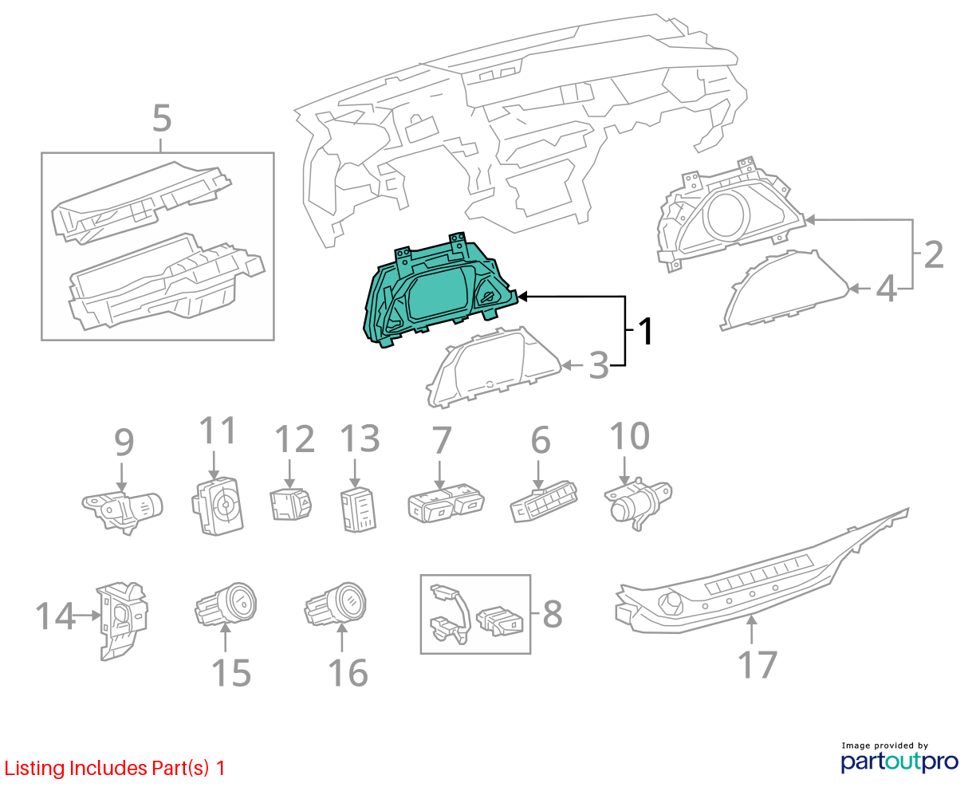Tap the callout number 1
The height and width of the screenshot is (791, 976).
click(x=646, y=332)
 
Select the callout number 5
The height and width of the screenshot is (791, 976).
click(x=162, y=119)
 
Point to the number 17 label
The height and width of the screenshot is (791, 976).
click(x=756, y=665)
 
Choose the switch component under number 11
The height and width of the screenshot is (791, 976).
click(x=218, y=506)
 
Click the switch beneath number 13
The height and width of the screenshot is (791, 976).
click(x=358, y=508)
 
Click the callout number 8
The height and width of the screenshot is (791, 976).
click(x=552, y=615)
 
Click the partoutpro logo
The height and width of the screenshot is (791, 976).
click(x=899, y=761)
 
